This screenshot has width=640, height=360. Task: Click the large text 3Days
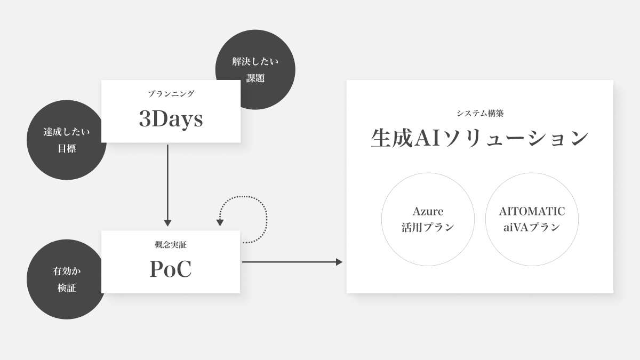click(171, 119)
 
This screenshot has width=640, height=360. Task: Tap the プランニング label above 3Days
click(171, 94)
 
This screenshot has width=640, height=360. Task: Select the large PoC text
click(170, 269)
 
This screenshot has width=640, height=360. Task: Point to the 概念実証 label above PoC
click(170, 245)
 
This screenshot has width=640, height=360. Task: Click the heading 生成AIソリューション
click(479, 138)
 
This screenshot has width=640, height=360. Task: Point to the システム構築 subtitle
click(480, 113)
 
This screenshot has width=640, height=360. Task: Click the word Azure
click(428, 211)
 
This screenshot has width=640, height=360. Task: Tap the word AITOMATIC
click(532, 211)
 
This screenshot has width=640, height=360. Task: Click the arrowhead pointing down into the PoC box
click(167, 223)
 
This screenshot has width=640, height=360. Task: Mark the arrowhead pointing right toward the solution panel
click(339, 262)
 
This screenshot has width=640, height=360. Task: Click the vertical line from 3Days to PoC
click(167, 181)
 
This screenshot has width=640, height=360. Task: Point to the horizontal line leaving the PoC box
click(288, 262)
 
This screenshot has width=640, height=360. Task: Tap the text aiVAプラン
click(532, 227)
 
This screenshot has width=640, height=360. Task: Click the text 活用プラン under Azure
click(428, 227)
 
